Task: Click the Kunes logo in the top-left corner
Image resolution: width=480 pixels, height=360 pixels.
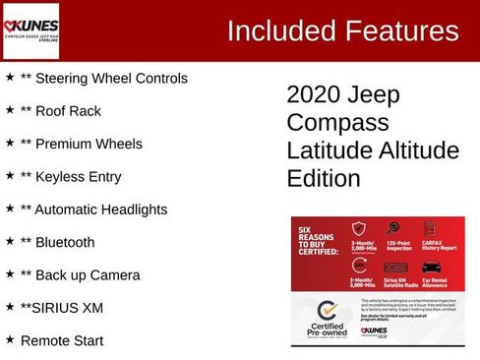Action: coord(31,30)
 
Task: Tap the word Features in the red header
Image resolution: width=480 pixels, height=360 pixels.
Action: coord(399,31)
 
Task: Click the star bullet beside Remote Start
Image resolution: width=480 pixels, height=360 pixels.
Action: coord(10,339)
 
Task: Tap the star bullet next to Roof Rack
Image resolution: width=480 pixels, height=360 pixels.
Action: coord(10,110)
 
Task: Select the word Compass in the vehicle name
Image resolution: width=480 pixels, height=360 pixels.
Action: coord(325,123)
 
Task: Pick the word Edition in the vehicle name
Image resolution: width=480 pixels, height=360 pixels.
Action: coord(324,179)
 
